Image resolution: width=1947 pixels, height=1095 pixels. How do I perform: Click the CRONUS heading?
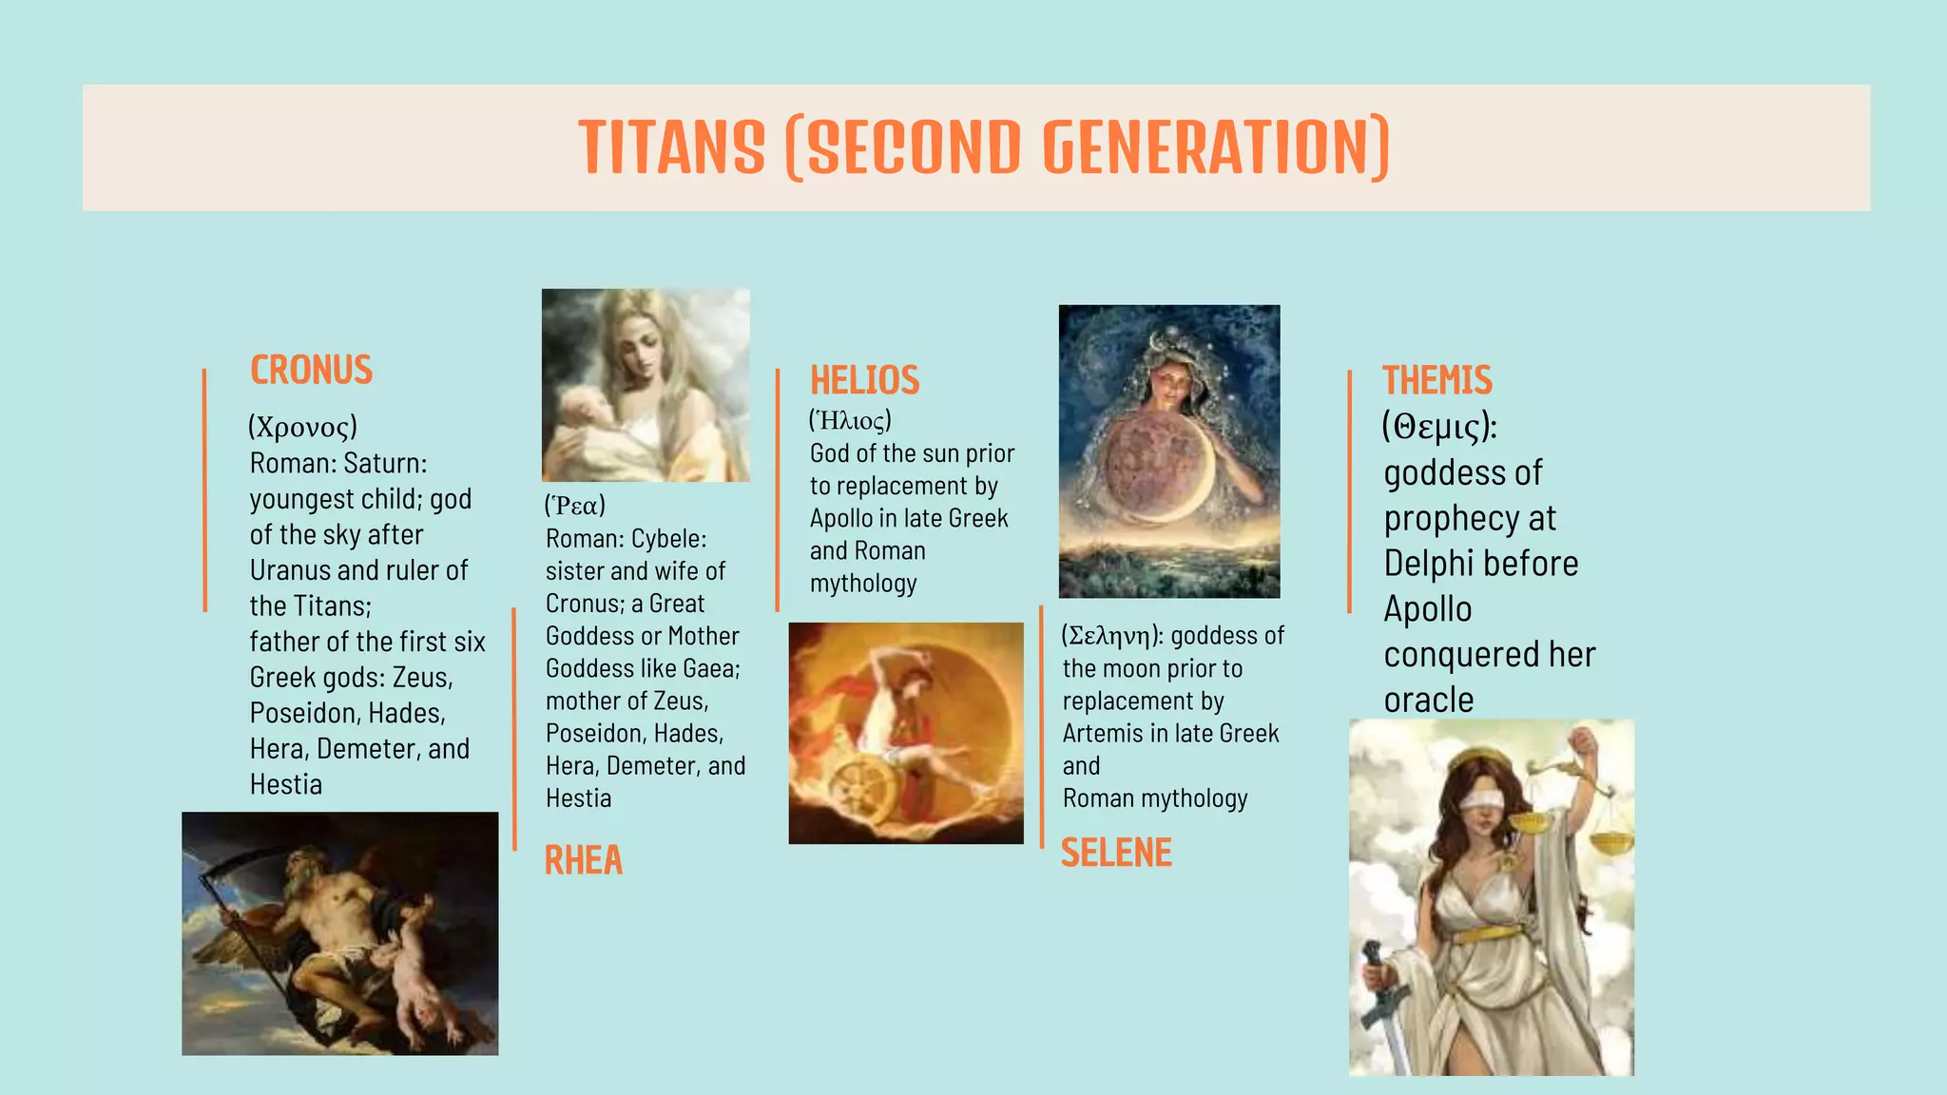click(x=311, y=370)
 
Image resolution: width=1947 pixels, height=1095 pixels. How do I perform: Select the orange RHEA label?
click(x=583, y=860)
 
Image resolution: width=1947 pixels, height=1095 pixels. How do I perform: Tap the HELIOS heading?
click(x=864, y=380)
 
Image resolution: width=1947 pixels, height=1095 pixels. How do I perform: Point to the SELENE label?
click(x=1116, y=853)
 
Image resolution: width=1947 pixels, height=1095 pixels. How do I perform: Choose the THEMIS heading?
click(x=1436, y=380)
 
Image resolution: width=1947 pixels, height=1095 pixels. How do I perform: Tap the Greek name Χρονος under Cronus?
click(x=303, y=427)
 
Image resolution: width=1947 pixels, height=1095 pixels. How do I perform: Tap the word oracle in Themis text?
click(x=1428, y=701)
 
